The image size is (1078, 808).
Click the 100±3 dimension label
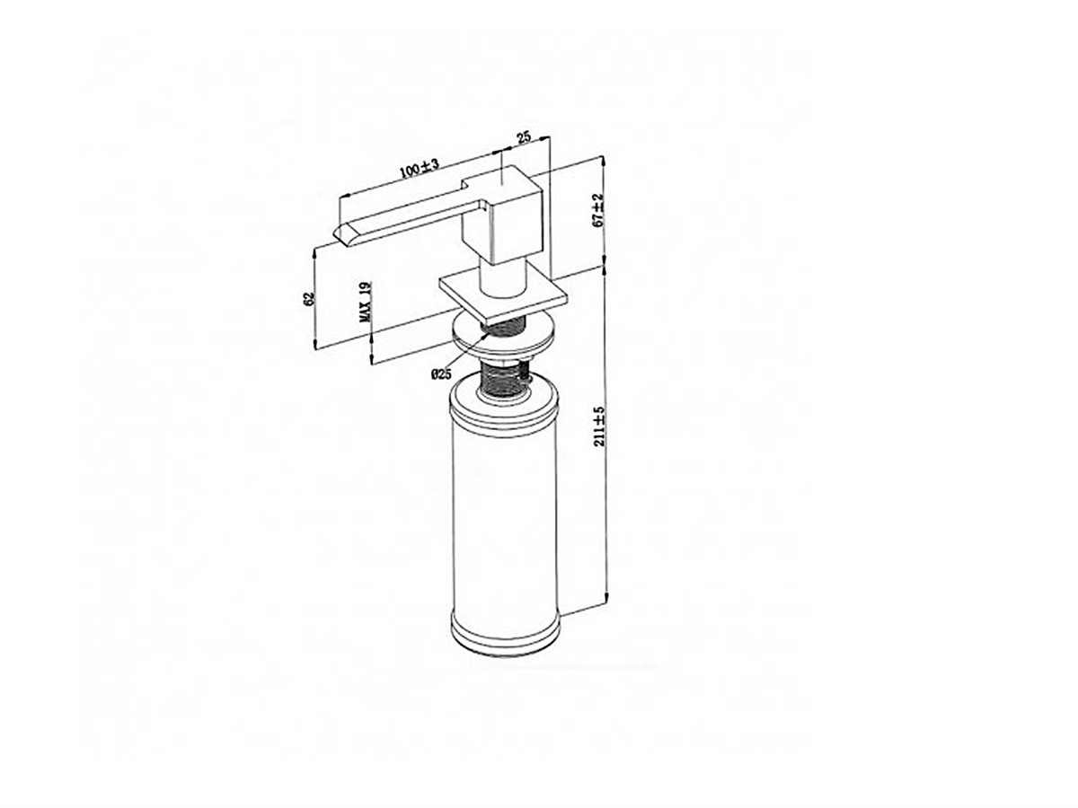click(x=419, y=168)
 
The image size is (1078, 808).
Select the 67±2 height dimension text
click(x=597, y=210)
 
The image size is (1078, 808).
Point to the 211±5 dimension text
click(x=600, y=426)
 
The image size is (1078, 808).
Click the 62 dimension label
click(x=308, y=299)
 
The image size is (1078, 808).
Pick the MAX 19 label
click(x=366, y=302)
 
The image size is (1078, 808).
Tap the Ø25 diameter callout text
click(x=440, y=374)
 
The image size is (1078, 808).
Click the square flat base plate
click(x=503, y=295)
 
